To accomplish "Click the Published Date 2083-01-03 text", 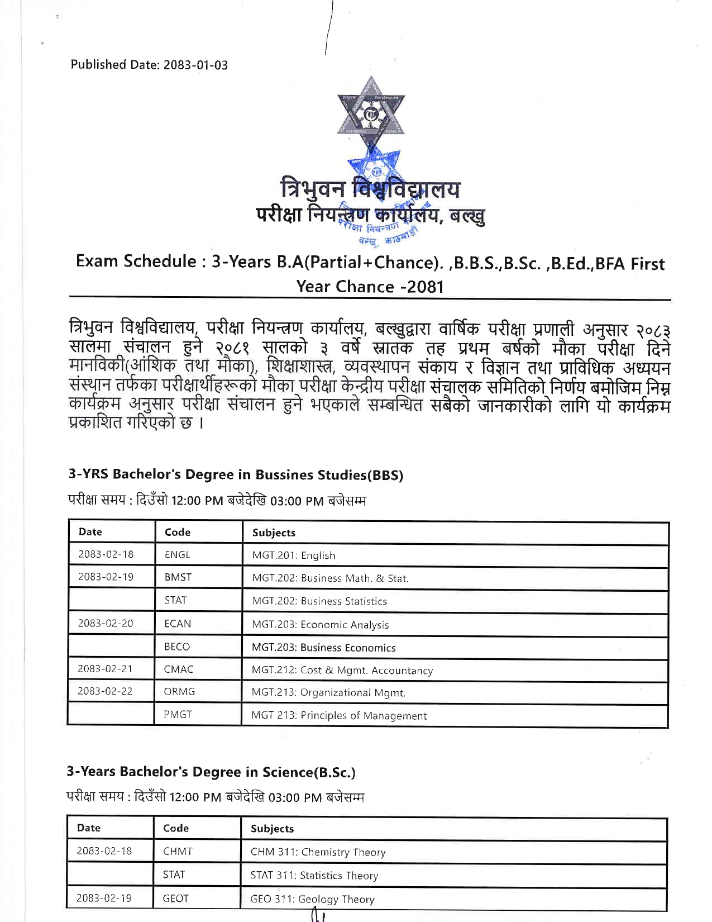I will pos(149,65).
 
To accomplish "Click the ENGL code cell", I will pos(178,555).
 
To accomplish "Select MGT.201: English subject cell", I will pos(294,555).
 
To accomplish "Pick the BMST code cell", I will pos(178,578).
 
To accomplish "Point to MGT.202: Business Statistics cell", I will pos(319,601).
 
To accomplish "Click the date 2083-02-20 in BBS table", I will pos(106,624).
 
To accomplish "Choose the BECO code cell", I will pos(177,647).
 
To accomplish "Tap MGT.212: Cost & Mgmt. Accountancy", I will pos(342,671).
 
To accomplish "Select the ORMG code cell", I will pos(179,692).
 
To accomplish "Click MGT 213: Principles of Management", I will pos(339,716).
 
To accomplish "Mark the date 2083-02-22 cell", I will pos(105,692).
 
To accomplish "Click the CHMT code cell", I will pos(178,852).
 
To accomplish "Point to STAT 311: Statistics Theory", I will pos(314,876).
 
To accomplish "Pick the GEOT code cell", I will pos(175,899).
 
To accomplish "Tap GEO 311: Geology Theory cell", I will pos(312,899).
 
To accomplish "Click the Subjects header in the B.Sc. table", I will pos(272,829).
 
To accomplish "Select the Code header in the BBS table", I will pos(178,533).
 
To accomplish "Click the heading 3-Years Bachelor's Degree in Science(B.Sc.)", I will pos(211,772).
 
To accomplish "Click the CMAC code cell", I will pos(179,669).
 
